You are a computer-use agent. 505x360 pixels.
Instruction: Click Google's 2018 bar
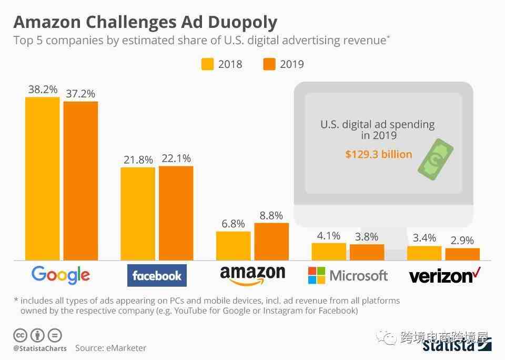coord(43,178)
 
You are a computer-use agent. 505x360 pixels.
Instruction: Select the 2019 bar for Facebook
coord(176,213)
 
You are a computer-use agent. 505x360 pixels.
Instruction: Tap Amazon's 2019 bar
coord(271,242)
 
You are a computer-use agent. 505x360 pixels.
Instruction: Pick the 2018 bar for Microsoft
coord(329,252)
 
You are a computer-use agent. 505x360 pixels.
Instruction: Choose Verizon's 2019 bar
coord(462,254)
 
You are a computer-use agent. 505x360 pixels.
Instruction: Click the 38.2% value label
coord(43,89)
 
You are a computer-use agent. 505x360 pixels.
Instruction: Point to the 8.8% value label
coord(271,215)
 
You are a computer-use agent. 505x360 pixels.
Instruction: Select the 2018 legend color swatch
coord(207,64)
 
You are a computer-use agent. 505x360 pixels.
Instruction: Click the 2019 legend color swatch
coord(269,64)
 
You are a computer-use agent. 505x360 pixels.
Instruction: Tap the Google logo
coord(60,275)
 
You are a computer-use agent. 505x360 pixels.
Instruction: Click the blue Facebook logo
coord(157,276)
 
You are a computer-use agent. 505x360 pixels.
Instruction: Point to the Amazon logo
coord(252,275)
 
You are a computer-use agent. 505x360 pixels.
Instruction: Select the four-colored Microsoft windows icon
coord(317,275)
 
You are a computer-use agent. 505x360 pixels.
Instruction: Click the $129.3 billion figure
coord(379,154)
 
